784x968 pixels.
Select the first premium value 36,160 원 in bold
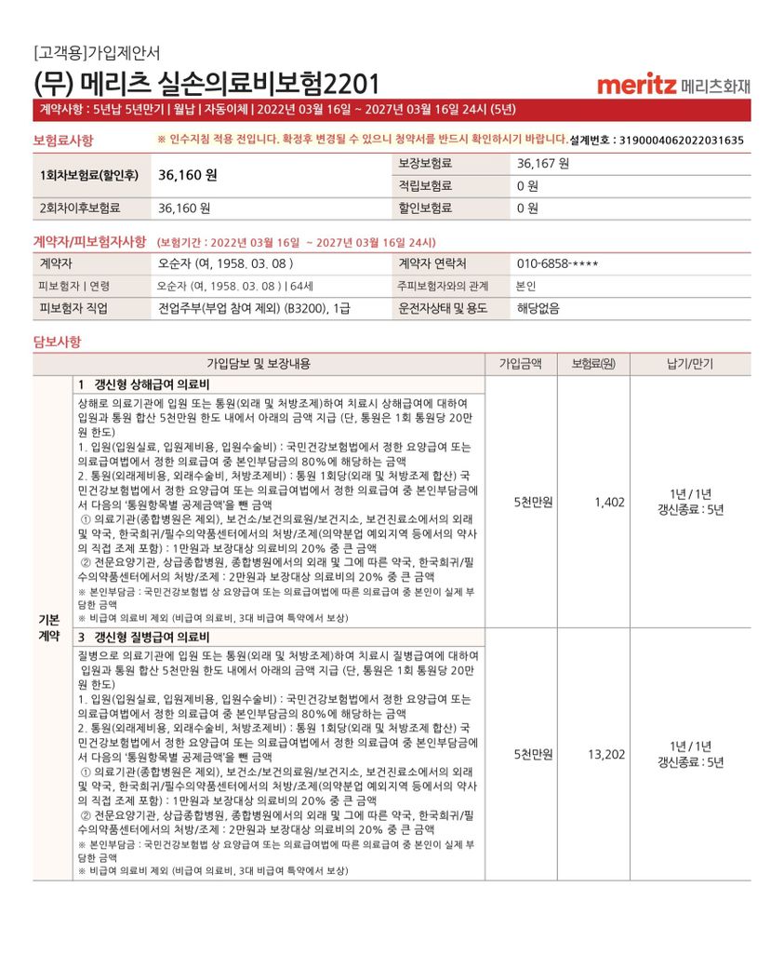click(187, 174)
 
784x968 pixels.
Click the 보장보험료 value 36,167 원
click(543, 163)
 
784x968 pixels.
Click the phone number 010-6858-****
click(557, 263)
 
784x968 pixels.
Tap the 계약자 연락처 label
click(432, 263)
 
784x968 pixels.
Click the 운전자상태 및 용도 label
click(443, 308)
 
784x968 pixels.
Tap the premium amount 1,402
click(609, 503)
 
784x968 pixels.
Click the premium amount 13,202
click(605, 754)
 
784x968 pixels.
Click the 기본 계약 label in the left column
click(49, 628)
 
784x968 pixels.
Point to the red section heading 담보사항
click(57, 342)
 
